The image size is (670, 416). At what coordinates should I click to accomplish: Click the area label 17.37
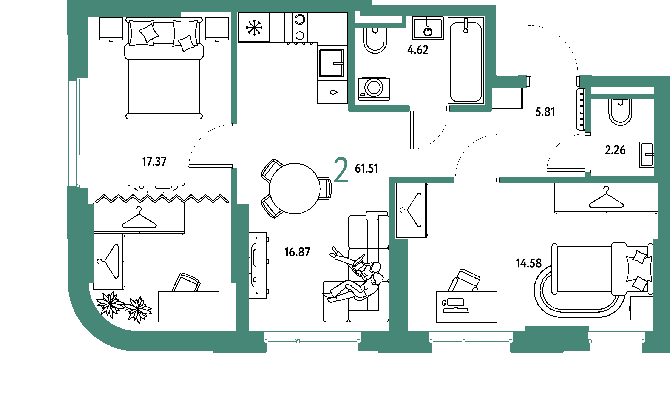[x=154, y=162]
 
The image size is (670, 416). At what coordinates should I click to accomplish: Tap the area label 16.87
[x=297, y=252]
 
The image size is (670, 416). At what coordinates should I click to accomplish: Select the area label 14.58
[x=529, y=263]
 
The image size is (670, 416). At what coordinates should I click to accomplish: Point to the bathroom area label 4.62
[x=418, y=50]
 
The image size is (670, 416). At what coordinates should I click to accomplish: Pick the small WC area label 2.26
[x=615, y=150]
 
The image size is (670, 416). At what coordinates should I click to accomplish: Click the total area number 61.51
[x=366, y=168]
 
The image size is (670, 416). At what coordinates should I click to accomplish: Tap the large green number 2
[x=341, y=170]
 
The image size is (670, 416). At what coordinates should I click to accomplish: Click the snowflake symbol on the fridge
[x=254, y=28]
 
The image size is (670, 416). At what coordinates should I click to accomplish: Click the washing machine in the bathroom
[x=374, y=89]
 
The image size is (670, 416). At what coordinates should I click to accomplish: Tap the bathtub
[x=466, y=60]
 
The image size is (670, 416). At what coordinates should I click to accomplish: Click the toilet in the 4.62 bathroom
[x=375, y=40]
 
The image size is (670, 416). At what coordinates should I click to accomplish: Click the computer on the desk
[x=455, y=306]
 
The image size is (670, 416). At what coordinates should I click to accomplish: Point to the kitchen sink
[x=332, y=63]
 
